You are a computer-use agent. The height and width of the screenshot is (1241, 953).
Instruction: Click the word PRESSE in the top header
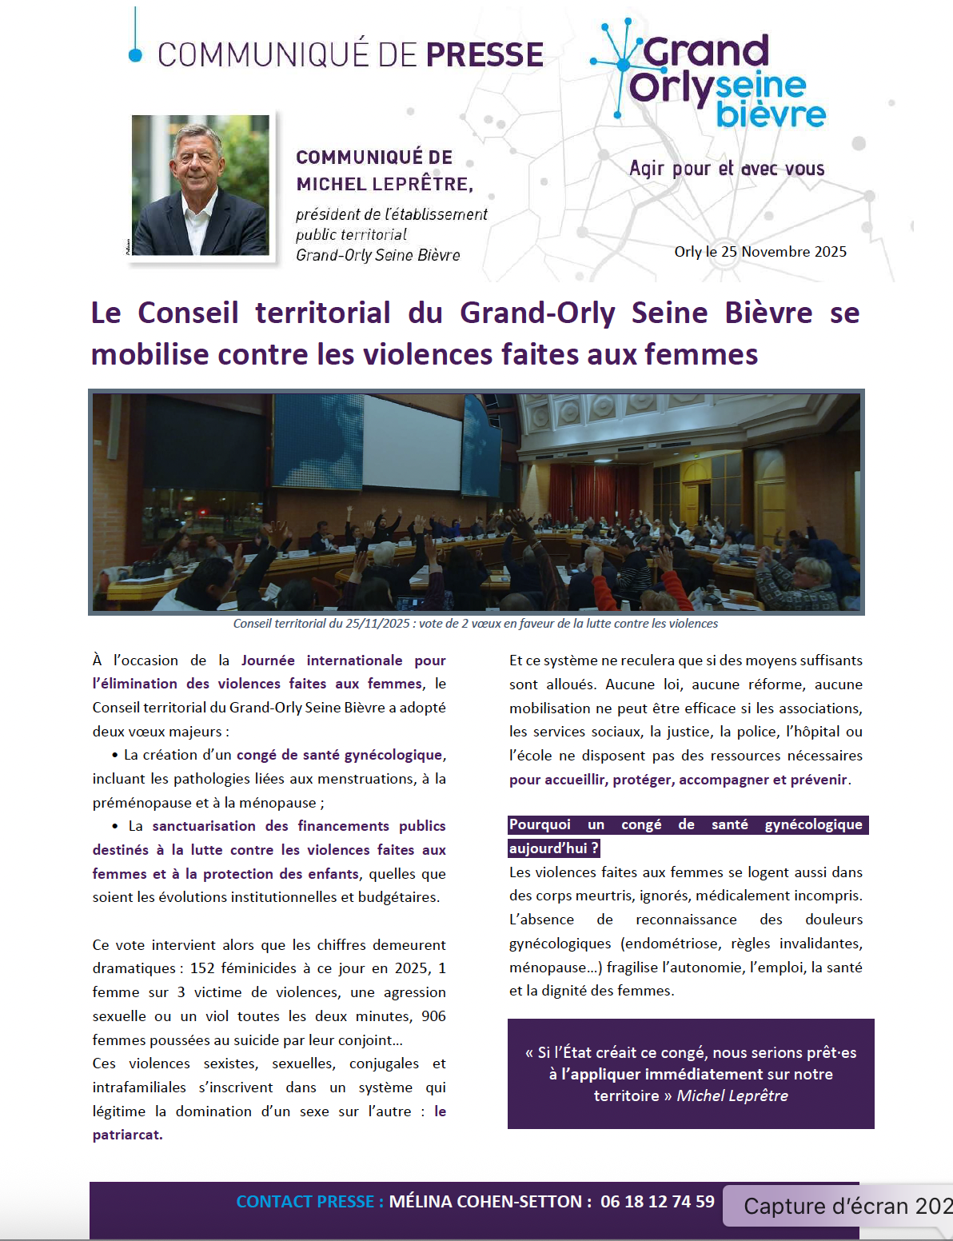(x=484, y=54)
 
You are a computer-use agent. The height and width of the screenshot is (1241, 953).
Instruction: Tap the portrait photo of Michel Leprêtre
(x=200, y=185)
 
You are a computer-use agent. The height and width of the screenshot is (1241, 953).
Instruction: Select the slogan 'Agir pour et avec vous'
(x=726, y=169)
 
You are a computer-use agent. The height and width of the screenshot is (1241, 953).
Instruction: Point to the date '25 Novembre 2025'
(x=784, y=252)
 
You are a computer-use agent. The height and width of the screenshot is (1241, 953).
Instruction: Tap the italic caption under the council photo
(x=475, y=624)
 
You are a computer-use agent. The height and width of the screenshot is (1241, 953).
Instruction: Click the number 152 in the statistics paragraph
(x=203, y=968)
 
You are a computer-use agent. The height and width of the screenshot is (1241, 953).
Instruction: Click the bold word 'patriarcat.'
(x=127, y=1135)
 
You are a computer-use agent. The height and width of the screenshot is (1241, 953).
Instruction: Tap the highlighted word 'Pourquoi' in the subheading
(x=540, y=824)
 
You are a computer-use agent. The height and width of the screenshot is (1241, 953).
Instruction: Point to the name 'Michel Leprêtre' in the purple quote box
(x=732, y=1095)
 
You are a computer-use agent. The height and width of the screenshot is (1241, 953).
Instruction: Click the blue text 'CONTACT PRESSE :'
(x=309, y=1202)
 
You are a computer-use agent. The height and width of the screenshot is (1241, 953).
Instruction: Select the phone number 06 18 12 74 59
(x=657, y=1202)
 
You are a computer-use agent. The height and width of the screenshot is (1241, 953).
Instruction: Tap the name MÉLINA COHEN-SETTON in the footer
(x=485, y=1202)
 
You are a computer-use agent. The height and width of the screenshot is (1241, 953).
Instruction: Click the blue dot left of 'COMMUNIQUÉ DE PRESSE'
(x=136, y=54)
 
